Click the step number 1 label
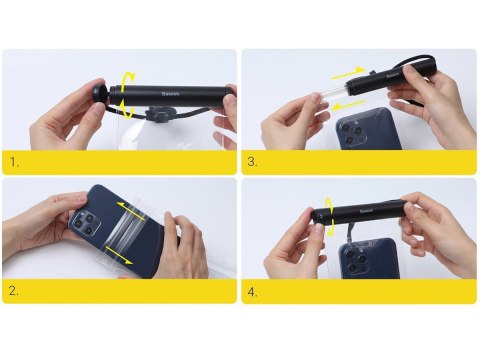14,162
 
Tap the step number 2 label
14,291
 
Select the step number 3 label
252,162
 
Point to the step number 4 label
253,292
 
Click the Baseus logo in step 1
170,94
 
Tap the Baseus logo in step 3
393,76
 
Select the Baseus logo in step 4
366,211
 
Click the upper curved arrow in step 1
127,79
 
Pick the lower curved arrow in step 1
126,109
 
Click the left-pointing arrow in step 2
131,210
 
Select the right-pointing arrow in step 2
119,255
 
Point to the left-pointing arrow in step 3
348,105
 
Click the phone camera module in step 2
85,224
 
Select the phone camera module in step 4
355,262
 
